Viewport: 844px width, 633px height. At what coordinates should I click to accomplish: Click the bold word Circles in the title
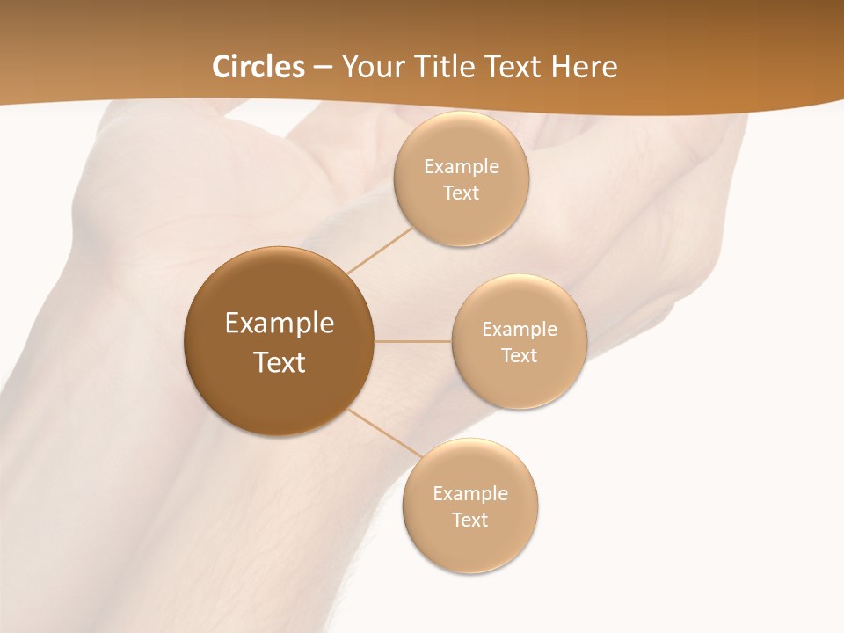[x=258, y=67]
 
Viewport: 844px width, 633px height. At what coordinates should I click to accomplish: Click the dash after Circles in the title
[x=323, y=68]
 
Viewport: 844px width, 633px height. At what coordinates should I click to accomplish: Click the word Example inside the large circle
[x=280, y=324]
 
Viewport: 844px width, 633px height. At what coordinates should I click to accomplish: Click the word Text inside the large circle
[x=280, y=362]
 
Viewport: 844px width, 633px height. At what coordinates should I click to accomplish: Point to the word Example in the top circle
[x=462, y=167]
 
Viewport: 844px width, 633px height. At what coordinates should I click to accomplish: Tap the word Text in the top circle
[x=462, y=193]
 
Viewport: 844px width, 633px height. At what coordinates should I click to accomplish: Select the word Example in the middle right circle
[x=520, y=330]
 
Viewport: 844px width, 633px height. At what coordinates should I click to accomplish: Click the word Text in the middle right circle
[x=520, y=356]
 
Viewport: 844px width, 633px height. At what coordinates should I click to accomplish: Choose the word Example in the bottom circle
[x=470, y=494]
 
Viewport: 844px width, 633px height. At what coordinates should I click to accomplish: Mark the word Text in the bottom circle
[x=470, y=520]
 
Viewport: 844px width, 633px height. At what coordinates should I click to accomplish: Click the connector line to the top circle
[x=380, y=250]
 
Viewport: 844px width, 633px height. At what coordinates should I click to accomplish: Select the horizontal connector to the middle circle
[x=413, y=341]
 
